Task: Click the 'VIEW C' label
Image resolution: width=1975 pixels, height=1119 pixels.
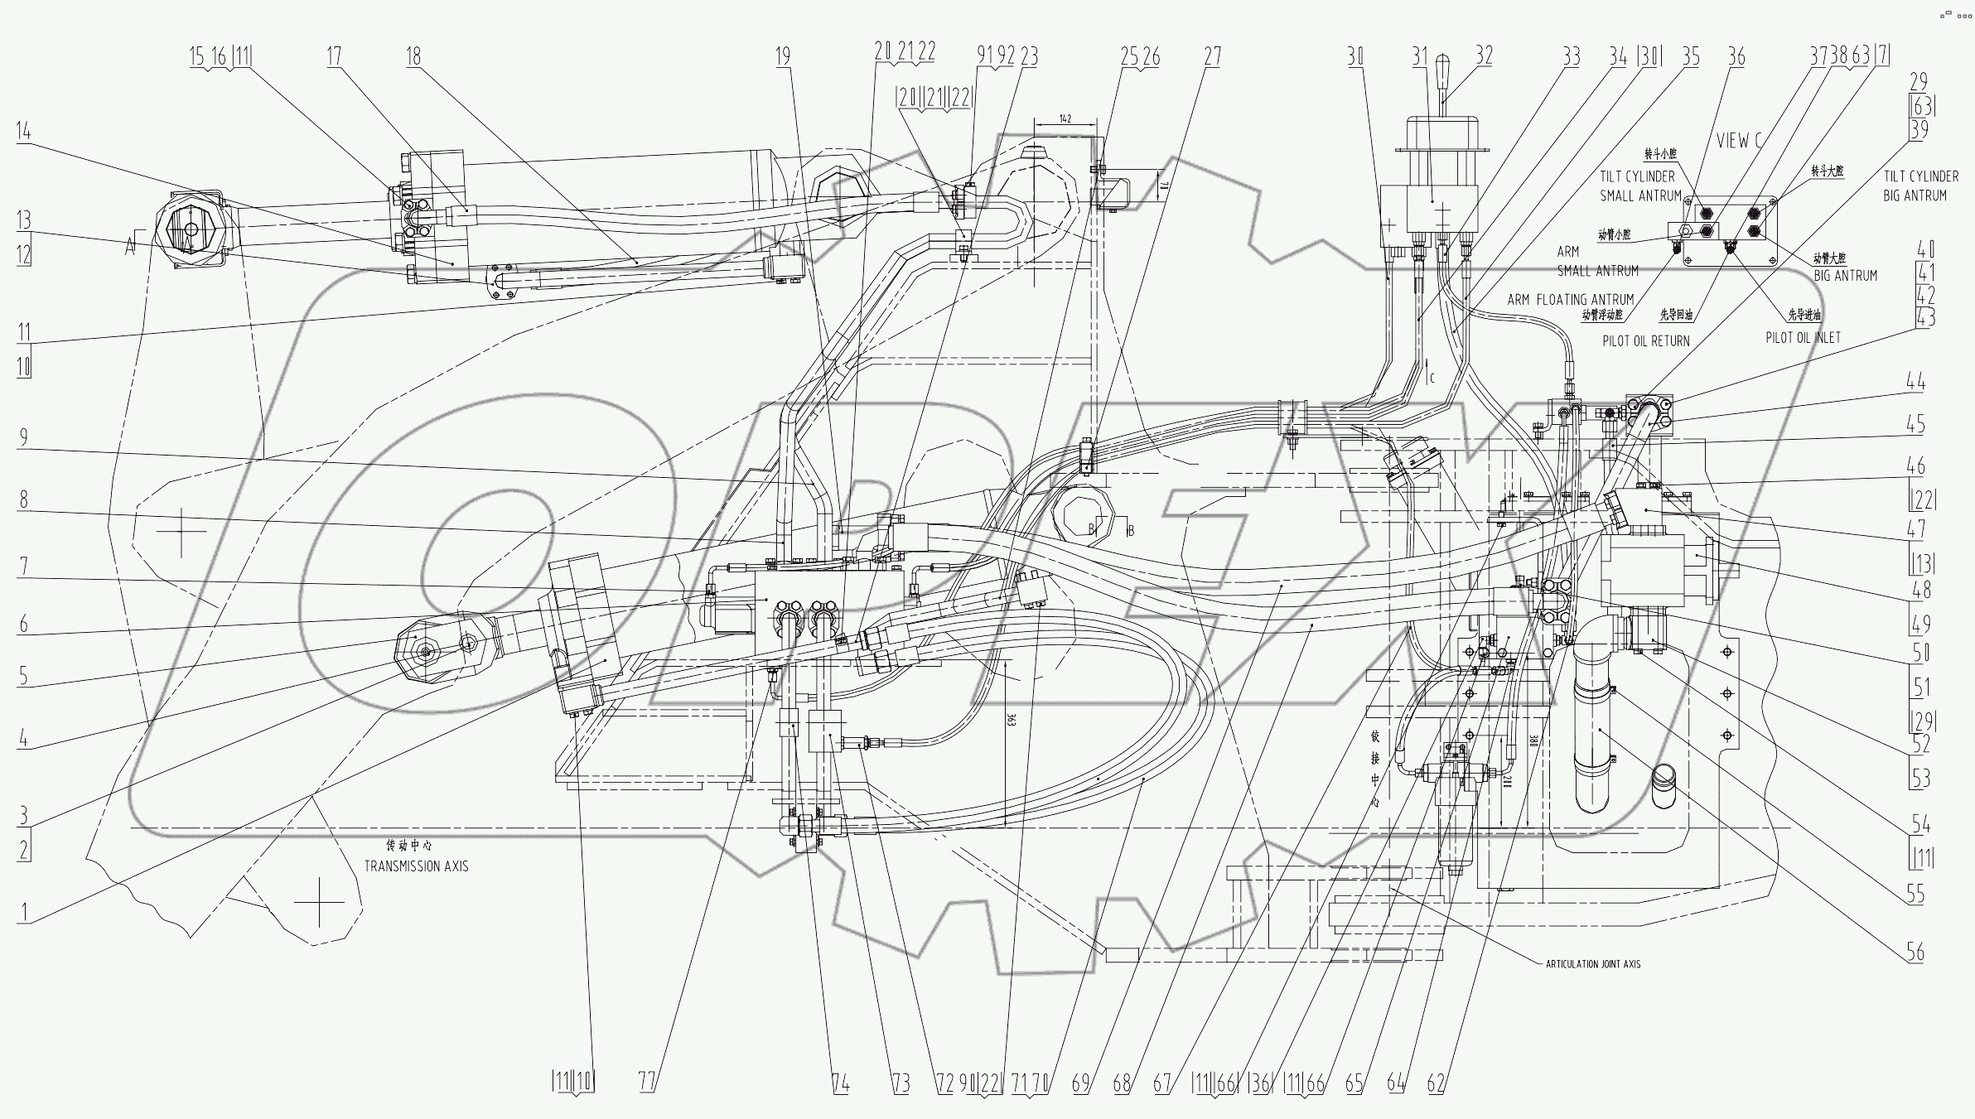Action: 1738,141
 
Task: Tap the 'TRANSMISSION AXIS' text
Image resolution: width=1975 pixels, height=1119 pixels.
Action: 417,866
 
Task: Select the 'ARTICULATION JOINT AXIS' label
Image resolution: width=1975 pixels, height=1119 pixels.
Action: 1592,964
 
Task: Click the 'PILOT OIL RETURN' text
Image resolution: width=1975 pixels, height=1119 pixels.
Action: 1646,340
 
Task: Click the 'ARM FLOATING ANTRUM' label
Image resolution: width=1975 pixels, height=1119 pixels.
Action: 1570,300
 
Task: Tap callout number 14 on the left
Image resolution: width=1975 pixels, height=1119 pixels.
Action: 23,131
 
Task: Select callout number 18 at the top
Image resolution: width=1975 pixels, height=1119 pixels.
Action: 413,56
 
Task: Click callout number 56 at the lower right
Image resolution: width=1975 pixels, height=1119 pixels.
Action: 1915,953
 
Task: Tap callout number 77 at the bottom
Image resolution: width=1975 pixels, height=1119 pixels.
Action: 648,1083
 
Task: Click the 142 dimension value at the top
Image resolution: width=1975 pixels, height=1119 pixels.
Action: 1065,118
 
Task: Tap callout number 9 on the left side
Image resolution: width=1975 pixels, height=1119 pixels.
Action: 23,437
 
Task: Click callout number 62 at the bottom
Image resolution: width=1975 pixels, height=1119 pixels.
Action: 1437,1083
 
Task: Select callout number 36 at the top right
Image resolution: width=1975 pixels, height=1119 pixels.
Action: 1736,56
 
